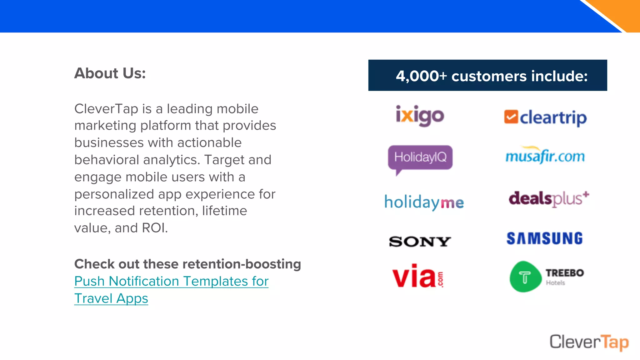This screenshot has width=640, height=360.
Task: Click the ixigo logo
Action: coord(420,116)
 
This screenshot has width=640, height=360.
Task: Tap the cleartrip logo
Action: coord(546,117)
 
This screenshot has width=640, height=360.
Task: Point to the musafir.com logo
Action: coord(545,156)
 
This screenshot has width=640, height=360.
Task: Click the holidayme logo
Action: coord(424,202)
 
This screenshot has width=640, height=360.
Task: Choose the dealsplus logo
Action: coord(549,199)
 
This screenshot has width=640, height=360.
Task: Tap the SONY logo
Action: coord(420,241)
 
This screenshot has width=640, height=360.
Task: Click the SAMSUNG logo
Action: coord(545,238)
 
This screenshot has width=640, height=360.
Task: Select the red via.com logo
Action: coord(417,276)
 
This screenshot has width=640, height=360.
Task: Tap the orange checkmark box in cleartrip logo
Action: coord(511,117)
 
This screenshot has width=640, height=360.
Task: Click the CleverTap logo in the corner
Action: coord(589,342)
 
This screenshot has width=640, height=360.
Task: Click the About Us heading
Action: coord(110,73)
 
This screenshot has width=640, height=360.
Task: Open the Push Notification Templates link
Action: coord(171,281)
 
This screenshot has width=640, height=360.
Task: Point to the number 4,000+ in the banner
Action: coord(421,76)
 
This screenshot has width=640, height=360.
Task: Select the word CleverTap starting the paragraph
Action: coord(106,109)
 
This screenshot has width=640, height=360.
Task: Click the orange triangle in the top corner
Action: coord(620,12)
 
